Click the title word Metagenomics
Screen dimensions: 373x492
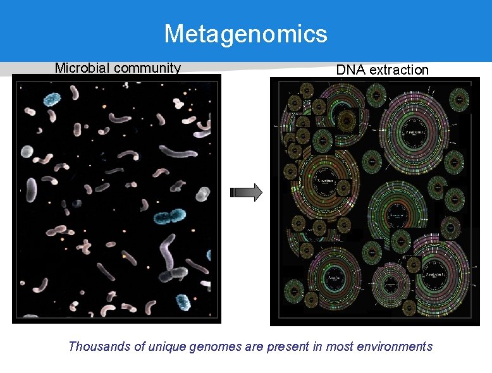click(245, 34)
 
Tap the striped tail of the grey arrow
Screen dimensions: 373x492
click(235, 193)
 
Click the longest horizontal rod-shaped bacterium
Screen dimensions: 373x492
click(178, 152)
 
